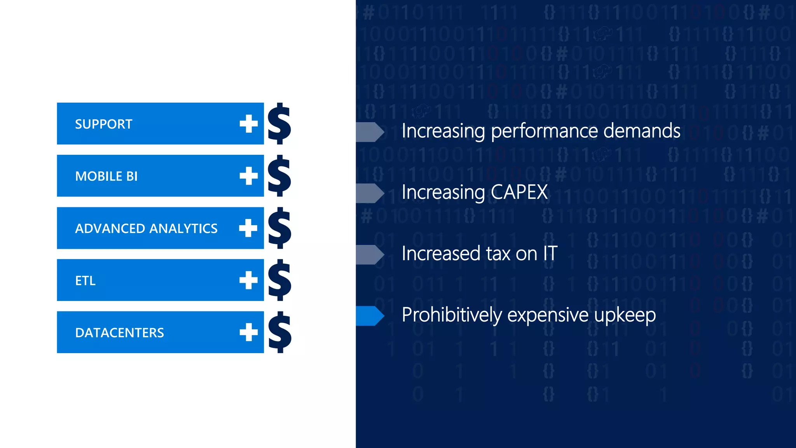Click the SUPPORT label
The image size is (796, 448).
103,124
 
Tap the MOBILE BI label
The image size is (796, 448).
106,176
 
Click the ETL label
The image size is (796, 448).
85,280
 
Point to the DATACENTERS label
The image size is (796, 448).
119,332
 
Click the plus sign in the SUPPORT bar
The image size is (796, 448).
249,124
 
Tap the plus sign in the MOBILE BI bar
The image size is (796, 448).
249,176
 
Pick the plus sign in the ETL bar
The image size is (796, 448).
249,280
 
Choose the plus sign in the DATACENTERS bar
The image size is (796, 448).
249,332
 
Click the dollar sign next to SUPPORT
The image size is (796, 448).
279,124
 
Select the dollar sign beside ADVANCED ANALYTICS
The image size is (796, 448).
279,228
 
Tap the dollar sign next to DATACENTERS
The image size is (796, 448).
279,332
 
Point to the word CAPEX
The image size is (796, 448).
519,192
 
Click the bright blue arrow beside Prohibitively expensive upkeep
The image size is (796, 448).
370,315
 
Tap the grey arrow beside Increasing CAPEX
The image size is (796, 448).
370,193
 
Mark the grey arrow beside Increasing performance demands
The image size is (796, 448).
370,132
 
